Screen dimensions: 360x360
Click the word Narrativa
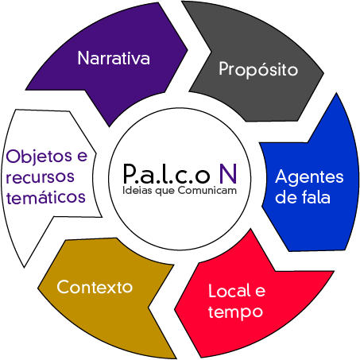114,58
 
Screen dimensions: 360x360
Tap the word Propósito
258,70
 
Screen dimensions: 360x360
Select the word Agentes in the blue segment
309,178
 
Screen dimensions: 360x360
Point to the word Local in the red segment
230,291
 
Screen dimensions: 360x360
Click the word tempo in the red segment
235,312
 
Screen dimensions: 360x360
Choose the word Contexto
95,287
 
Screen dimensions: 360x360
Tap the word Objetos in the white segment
39,157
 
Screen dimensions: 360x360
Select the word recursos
40,177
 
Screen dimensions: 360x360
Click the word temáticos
46,197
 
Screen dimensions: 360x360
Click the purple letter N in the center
228,174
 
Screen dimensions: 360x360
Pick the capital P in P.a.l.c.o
130,174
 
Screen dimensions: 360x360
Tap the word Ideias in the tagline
137,191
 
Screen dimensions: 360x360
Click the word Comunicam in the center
207,191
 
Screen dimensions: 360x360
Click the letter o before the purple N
203,176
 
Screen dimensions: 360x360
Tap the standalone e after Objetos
82,156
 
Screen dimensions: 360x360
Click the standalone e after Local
260,291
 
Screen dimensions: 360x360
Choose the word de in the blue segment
286,197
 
